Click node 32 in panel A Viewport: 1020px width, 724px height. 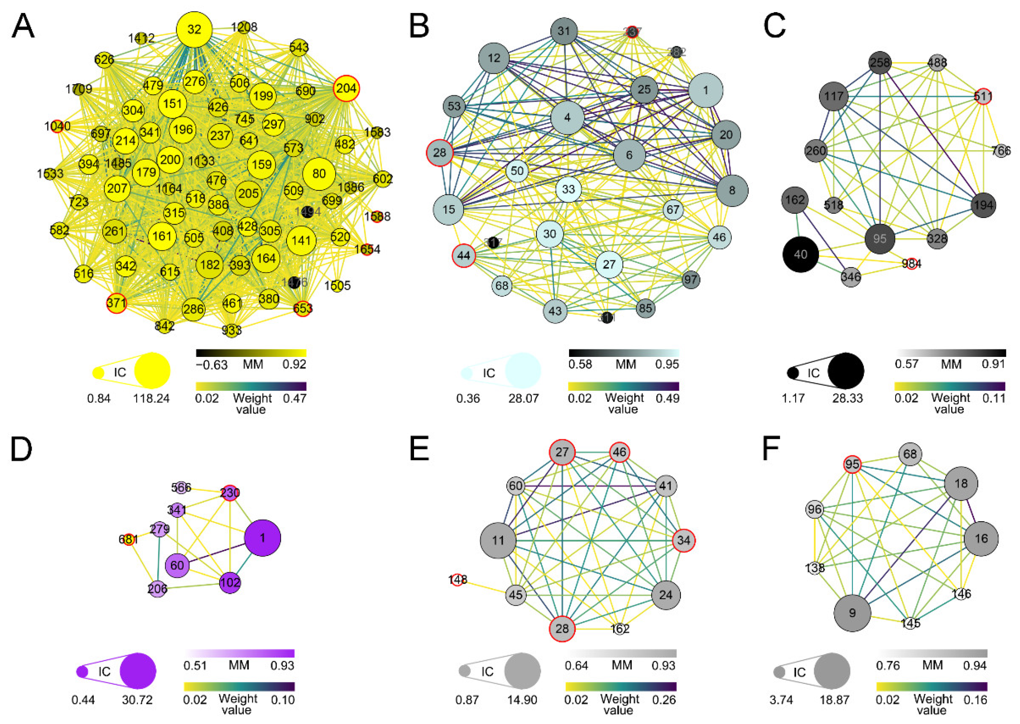tap(194, 30)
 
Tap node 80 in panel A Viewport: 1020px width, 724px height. tap(319, 173)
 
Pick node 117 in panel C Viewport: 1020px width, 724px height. tap(834, 96)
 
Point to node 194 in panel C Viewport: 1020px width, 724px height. tap(983, 205)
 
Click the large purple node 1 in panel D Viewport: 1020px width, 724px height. tap(262, 538)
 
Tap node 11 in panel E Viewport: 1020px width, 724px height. tap(498, 541)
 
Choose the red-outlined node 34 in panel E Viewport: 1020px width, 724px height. tap(683, 540)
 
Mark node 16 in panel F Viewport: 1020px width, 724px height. tap(981, 539)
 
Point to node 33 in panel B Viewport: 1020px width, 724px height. tap(568, 189)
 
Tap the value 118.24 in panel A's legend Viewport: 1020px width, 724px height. tap(151, 398)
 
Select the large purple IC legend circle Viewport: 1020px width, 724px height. tap(139, 671)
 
